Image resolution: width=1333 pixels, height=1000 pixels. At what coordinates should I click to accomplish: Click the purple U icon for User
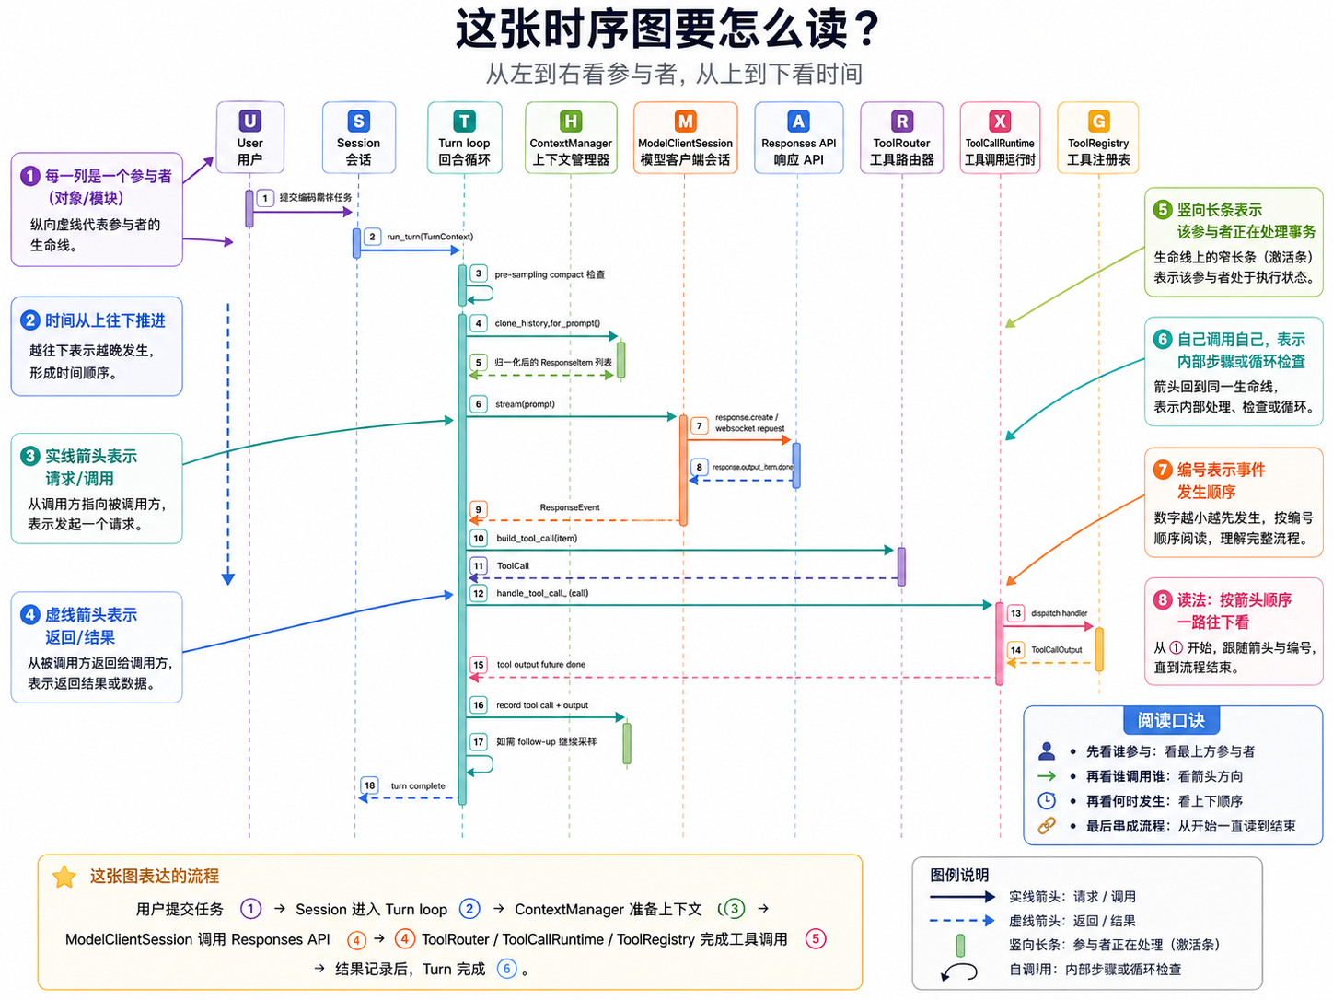249,121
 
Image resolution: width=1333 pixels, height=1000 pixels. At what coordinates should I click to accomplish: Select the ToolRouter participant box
901,138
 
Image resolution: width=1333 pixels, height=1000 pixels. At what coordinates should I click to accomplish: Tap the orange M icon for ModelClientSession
685,121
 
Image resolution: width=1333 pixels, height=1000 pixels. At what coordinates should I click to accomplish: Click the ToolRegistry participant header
1097,138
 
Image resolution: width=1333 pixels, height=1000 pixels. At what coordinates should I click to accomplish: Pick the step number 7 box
700,425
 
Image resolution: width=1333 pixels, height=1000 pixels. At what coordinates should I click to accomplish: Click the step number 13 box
1015,613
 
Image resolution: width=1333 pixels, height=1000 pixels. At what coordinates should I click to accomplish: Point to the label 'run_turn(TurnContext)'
430,237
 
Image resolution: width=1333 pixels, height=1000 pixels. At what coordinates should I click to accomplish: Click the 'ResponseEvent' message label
570,507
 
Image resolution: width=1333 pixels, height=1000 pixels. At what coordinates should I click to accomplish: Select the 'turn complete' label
418,785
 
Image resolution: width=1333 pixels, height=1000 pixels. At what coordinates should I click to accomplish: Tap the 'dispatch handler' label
1059,613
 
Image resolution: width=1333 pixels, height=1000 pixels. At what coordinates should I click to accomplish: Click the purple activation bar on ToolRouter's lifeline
901,566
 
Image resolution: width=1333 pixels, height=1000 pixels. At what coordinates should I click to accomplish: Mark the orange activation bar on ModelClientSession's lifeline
683,470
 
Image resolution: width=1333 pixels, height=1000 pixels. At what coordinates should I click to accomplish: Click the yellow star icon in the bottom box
64,877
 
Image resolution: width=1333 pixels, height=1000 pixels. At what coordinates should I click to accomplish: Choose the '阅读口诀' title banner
1170,720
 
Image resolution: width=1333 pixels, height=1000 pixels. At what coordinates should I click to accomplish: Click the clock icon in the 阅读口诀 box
1047,800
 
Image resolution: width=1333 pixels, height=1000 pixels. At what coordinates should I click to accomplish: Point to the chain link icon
1047,826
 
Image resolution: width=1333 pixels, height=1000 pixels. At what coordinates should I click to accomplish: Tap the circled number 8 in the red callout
1163,600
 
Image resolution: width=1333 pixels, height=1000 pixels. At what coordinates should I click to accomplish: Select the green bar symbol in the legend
960,945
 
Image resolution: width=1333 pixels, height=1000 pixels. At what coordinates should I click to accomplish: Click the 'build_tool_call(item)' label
537,539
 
